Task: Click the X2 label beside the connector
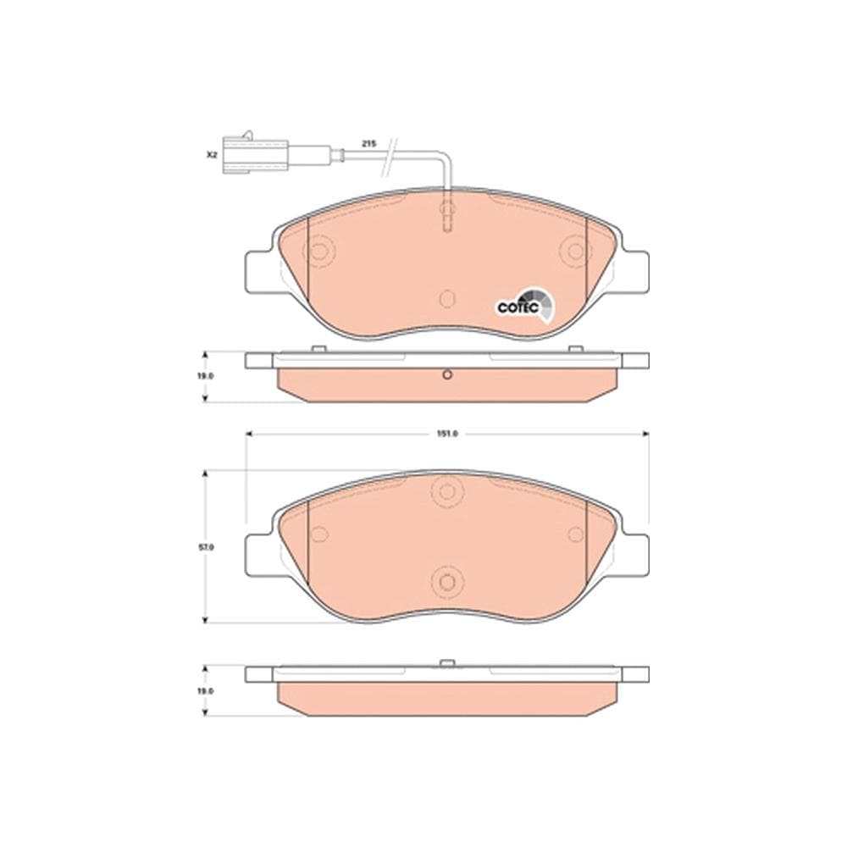click(x=212, y=156)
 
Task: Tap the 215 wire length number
click(x=368, y=145)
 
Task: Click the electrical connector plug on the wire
click(x=254, y=155)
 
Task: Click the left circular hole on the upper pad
click(x=319, y=252)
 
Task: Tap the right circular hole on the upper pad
click(x=576, y=252)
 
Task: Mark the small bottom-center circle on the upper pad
click(x=447, y=298)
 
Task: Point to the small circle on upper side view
click(x=447, y=377)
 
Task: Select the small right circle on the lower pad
click(x=576, y=534)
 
